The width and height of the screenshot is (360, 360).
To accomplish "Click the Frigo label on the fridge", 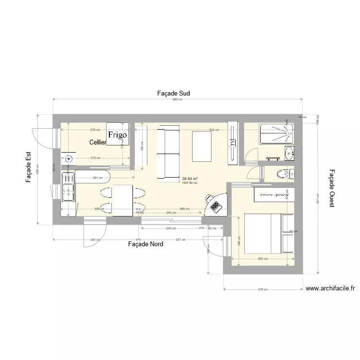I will click(x=118, y=135).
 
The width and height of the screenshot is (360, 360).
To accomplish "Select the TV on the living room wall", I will click(x=232, y=143).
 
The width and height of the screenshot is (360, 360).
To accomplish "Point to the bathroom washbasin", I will click(x=289, y=153).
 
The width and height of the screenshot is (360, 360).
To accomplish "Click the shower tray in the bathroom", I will click(x=276, y=134).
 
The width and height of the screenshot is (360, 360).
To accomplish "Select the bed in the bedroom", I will click(x=269, y=234).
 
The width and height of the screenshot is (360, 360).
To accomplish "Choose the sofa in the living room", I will click(x=168, y=153).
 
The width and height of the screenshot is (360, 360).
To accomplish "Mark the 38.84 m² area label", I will click(x=190, y=179).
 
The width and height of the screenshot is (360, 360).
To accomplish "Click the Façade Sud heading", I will click(x=174, y=93).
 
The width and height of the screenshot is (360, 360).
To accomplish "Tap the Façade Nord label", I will click(x=145, y=244).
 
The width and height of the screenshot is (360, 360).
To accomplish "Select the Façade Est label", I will click(x=28, y=168).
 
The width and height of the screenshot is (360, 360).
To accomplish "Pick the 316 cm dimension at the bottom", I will click(x=262, y=289).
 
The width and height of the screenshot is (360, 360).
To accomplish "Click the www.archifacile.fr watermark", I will click(x=330, y=288).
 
